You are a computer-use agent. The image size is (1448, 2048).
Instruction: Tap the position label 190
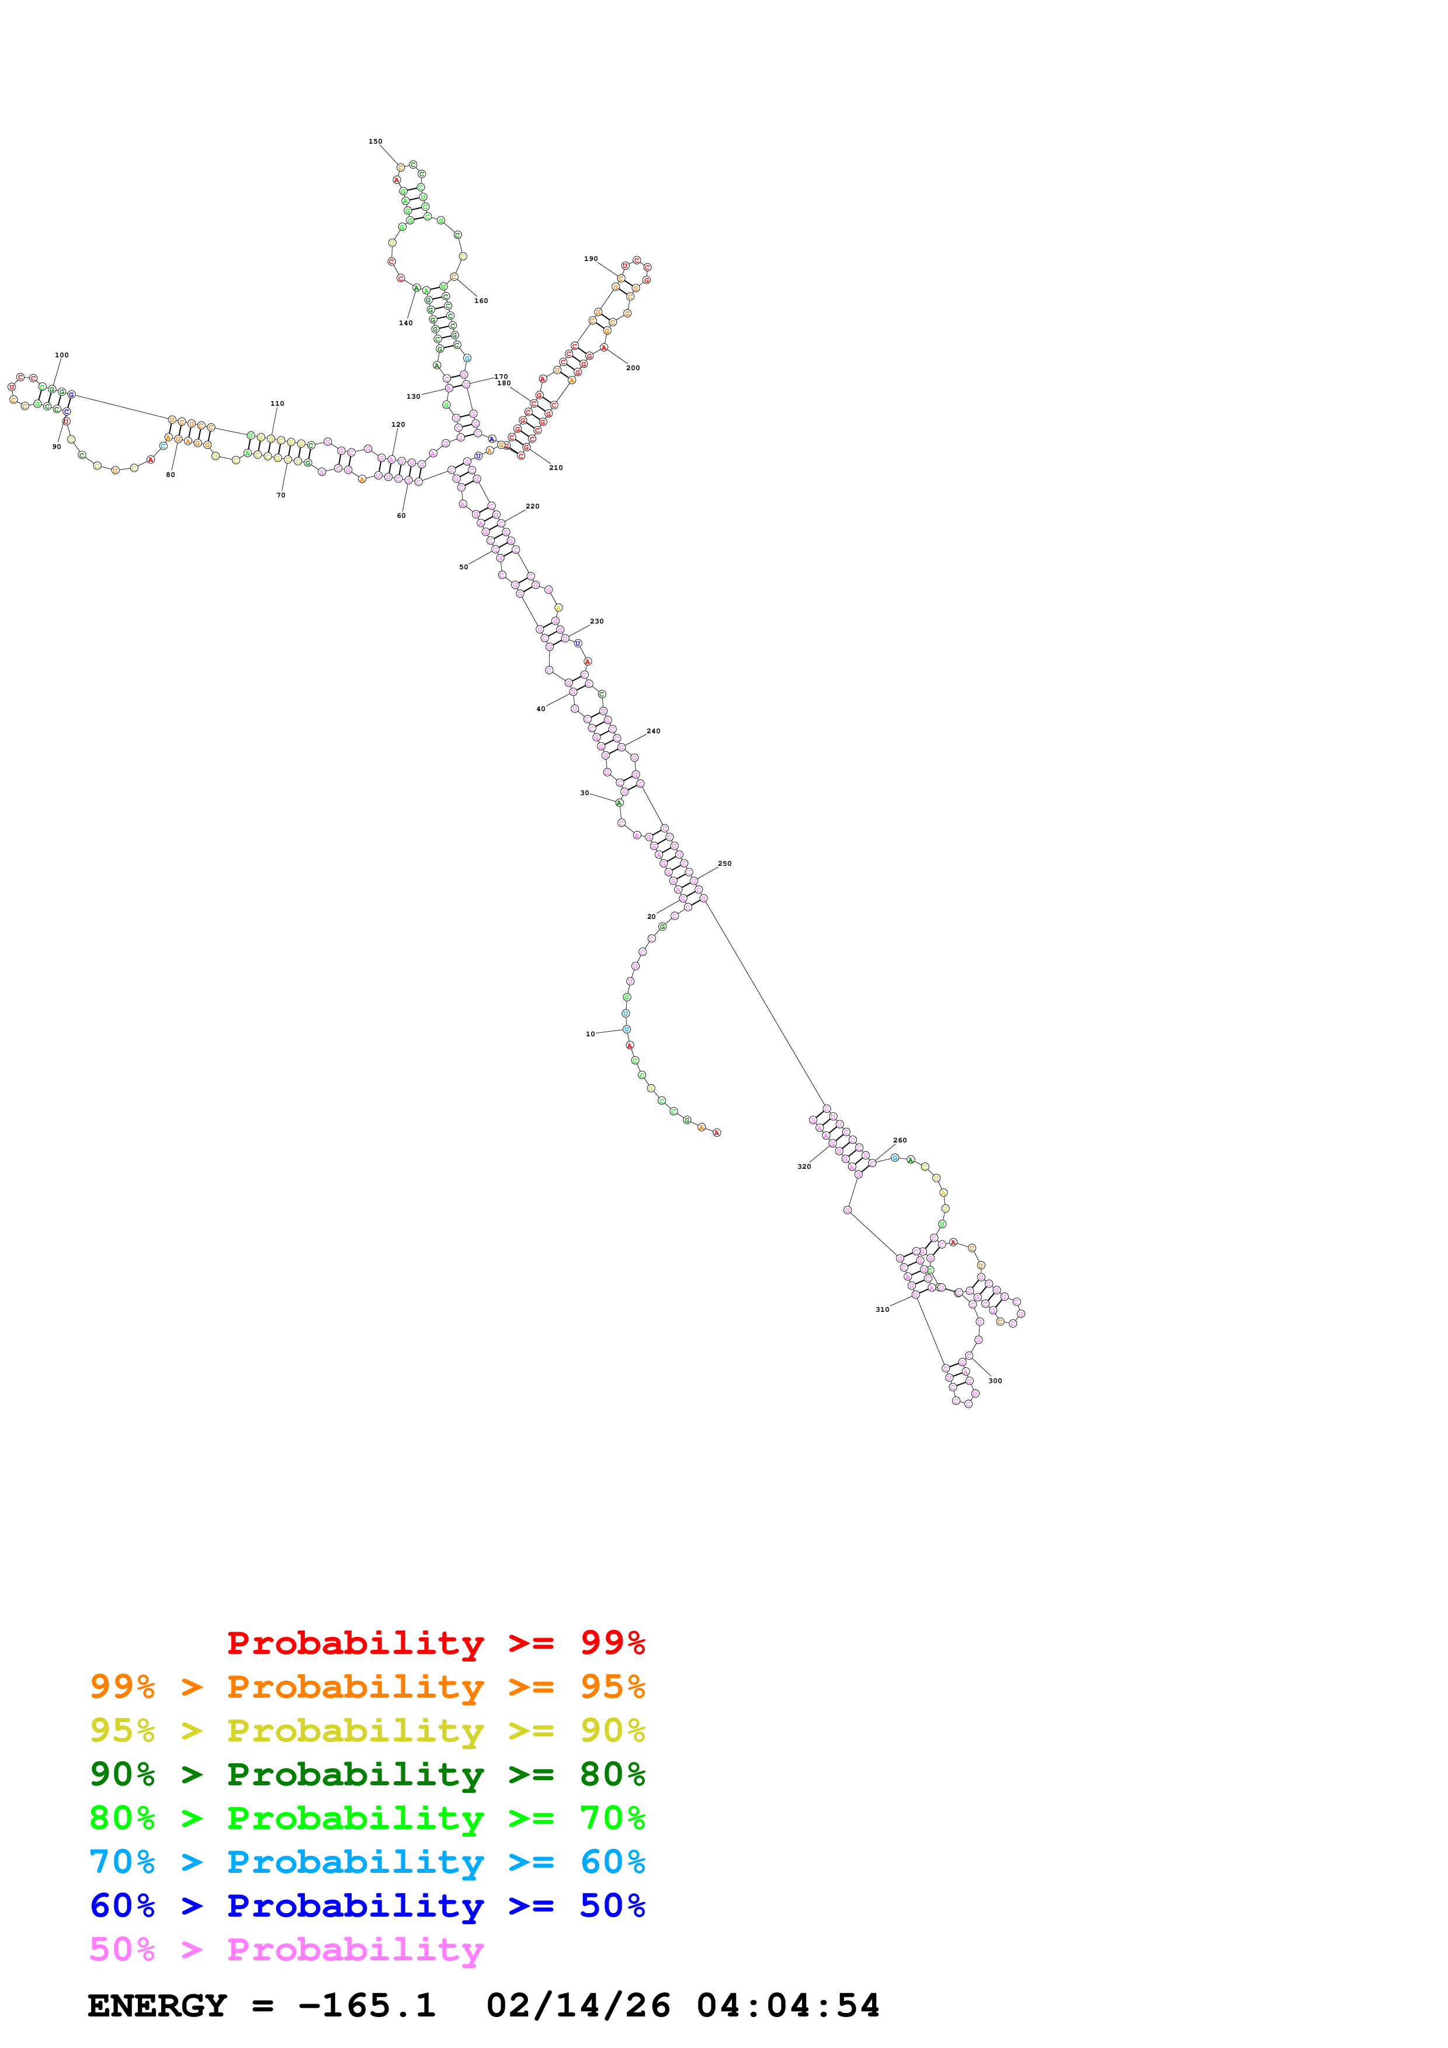coord(591,259)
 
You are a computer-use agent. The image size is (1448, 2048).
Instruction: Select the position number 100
coord(61,355)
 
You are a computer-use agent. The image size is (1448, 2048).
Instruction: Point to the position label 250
coord(724,863)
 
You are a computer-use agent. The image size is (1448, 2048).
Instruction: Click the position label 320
coord(804,1166)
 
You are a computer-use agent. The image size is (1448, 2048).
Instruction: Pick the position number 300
coord(995,1381)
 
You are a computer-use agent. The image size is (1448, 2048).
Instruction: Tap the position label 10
coord(590,1034)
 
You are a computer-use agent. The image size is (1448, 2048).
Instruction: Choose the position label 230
coord(597,621)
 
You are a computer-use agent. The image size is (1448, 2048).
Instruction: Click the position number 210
coord(556,468)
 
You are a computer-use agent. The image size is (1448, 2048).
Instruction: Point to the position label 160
coord(481,301)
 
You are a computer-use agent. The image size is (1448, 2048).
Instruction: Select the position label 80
coord(171,475)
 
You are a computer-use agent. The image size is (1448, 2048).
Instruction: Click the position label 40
coord(541,709)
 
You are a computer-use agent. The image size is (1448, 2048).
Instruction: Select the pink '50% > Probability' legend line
coord(286,1950)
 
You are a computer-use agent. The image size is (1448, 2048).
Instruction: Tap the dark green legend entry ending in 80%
coord(367,1774)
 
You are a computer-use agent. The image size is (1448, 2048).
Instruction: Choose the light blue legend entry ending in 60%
coord(367,1862)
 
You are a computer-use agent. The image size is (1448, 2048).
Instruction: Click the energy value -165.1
coord(367,2006)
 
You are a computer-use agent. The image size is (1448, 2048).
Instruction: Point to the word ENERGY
coord(157,2006)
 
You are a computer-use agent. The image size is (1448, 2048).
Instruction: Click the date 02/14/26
coord(578,2006)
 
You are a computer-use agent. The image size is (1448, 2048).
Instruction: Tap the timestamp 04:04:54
coord(788,2006)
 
